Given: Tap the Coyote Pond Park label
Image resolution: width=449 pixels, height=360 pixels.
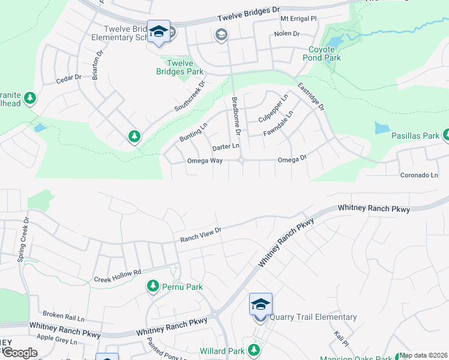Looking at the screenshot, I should [325, 53].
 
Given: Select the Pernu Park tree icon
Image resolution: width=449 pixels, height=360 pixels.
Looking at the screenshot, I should [153, 287].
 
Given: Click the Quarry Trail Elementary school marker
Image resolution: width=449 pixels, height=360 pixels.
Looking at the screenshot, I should [261, 305].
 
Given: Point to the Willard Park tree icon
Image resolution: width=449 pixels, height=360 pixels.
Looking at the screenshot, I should [254, 350].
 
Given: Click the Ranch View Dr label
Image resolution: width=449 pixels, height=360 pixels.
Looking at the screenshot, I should [201, 235].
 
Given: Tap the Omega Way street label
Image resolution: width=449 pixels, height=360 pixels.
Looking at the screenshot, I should [205, 161].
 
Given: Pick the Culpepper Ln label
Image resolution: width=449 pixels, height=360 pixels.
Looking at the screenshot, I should [273, 108].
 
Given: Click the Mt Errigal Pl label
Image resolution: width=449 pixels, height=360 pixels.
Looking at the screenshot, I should [298, 19].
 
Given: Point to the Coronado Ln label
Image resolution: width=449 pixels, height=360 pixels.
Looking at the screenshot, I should [420, 175].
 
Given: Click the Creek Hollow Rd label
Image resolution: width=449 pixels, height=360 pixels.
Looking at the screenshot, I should [118, 276].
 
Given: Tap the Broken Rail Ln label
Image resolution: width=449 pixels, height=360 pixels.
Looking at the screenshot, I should [63, 315].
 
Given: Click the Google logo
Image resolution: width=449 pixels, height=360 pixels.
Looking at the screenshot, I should [20, 353].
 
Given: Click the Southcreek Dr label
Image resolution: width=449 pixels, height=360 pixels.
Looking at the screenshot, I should [190, 95].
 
